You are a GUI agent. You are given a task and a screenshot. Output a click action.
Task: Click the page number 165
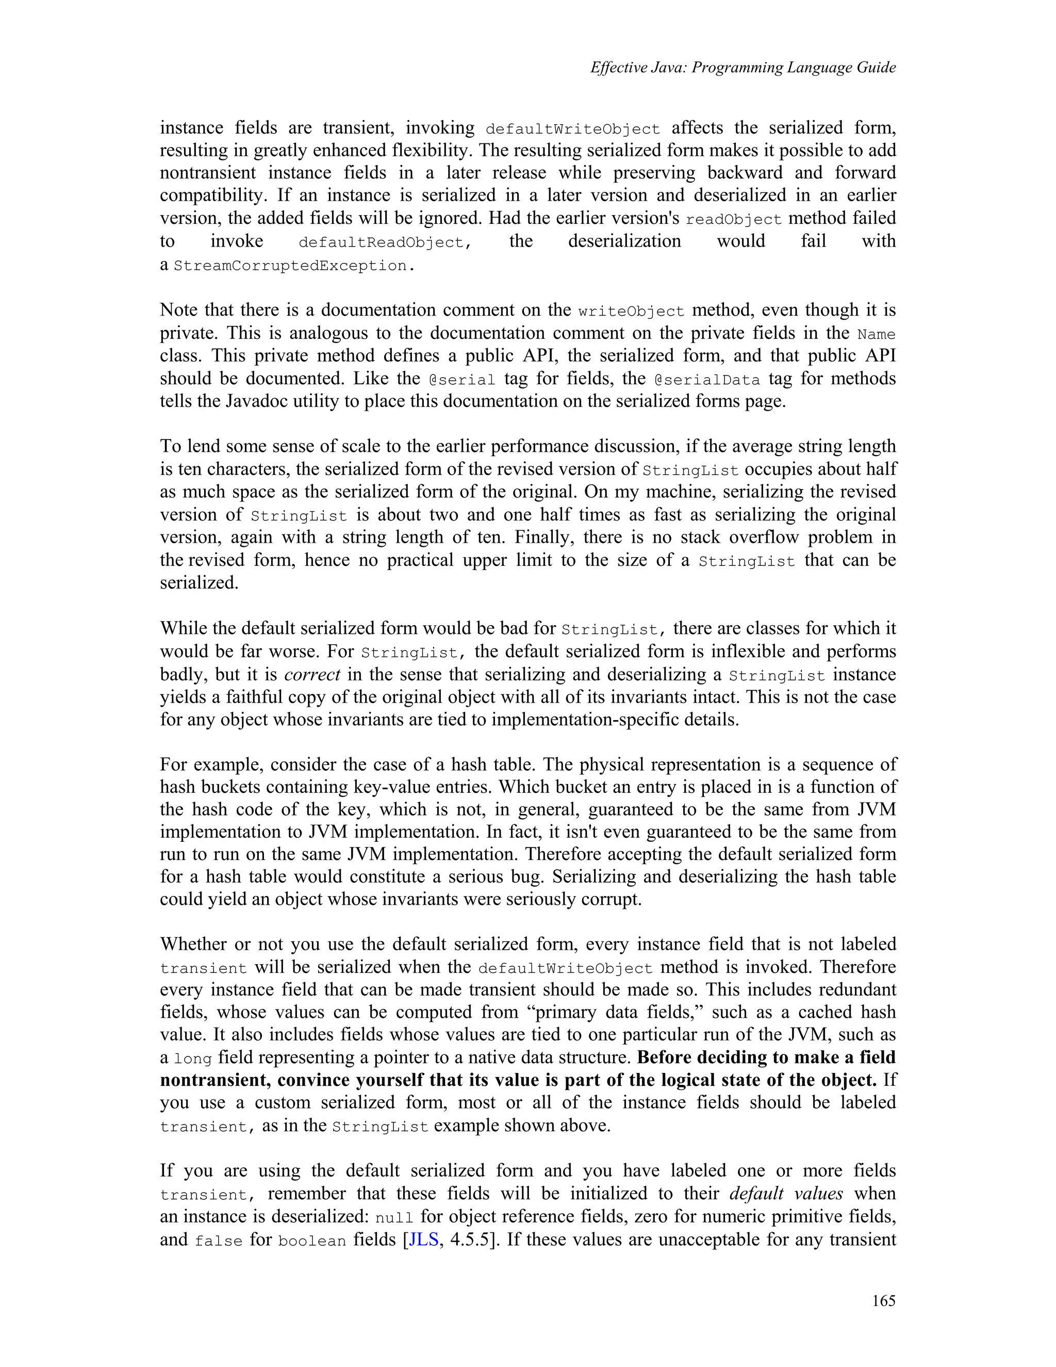coord(883,1301)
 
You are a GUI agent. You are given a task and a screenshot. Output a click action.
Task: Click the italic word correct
coord(311,675)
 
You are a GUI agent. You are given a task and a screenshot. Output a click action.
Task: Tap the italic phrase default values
coord(786,1194)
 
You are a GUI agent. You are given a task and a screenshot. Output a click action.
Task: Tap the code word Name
coord(876,334)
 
